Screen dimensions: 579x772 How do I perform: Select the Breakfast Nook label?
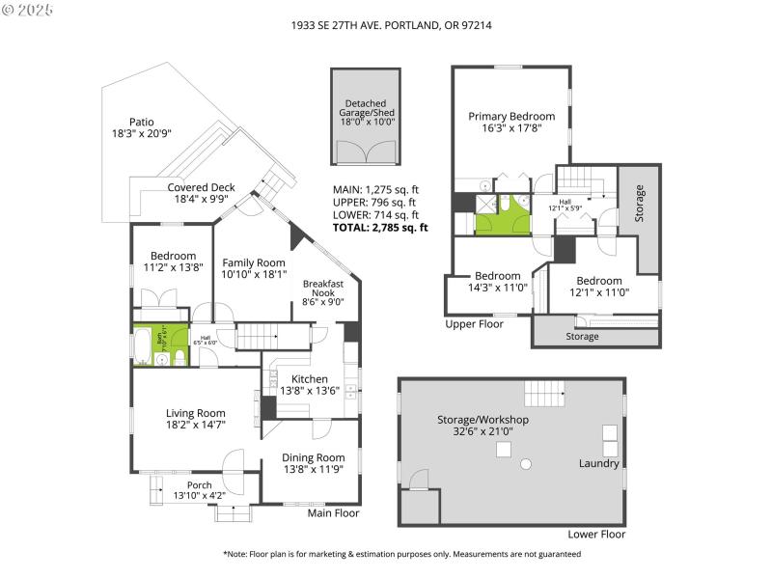323,288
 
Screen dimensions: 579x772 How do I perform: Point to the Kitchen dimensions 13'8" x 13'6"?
310,392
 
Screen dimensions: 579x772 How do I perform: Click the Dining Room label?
313,457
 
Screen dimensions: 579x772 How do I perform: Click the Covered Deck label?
201,188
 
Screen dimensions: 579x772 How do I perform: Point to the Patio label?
142,123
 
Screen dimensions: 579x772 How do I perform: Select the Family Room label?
254,262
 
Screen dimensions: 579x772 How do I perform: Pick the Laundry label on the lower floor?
598,463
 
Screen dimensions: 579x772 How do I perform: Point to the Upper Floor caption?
475,324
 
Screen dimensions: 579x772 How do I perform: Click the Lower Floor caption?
596,534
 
